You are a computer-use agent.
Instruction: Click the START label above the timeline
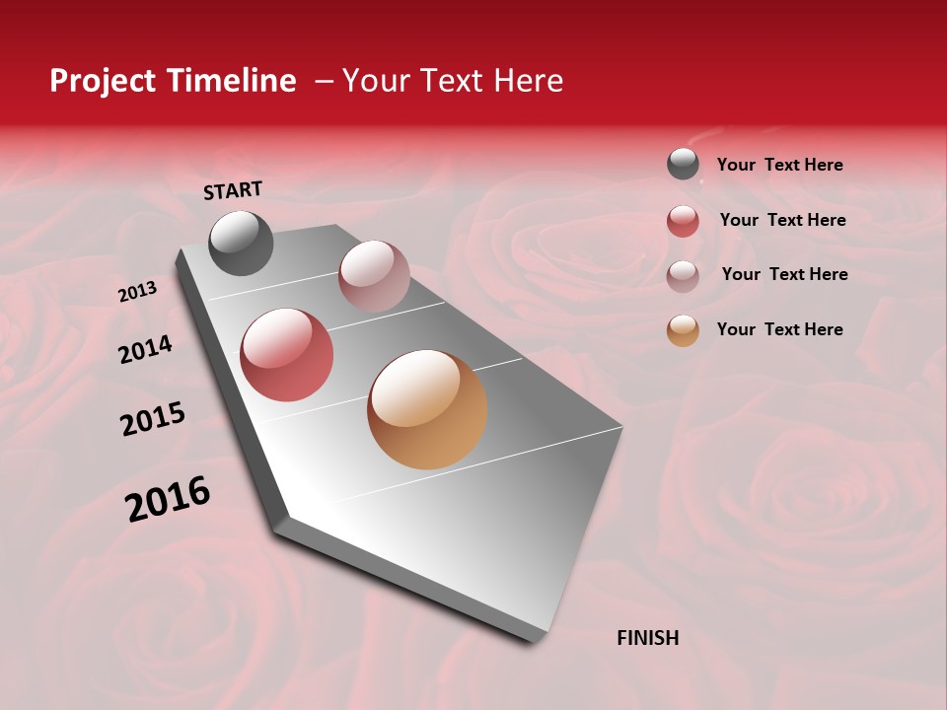(233, 190)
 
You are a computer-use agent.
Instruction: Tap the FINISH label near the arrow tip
(647, 638)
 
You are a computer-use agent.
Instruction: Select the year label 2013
(138, 292)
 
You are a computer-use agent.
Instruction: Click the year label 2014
(146, 349)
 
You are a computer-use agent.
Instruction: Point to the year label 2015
(153, 419)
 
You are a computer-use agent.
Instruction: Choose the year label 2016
(168, 499)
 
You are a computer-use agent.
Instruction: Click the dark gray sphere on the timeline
(242, 244)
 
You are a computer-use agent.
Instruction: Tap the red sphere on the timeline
(287, 355)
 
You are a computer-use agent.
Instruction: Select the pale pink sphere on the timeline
(374, 276)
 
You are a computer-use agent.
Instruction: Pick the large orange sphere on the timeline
(427, 409)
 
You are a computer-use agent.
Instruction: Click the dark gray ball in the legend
(683, 164)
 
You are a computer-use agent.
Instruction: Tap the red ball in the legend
(683, 221)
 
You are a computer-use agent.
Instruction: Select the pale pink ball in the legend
(683, 275)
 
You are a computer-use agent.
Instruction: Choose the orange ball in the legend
(683, 330)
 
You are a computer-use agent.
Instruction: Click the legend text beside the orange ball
(779, 329)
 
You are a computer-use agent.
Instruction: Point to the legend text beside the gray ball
(779, 165)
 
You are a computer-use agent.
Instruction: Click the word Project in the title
(103, 82)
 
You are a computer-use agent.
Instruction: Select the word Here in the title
(528, 81)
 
